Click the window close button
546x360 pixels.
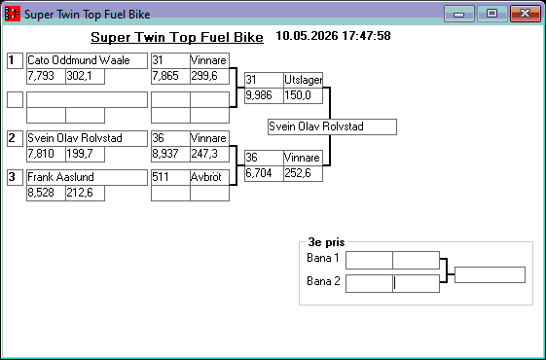tap(526, 14)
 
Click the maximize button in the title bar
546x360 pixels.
tap(491, 14)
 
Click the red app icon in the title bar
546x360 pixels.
tap(13, 14)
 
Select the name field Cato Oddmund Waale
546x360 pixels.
tap(87, 60)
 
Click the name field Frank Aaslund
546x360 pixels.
tap(87, 177)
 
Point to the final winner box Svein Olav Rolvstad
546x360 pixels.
tap(332, 126)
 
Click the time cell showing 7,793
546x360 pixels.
tap(46, 76)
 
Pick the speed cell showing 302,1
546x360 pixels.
tap(85, 76)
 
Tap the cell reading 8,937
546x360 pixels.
tap(170, 154)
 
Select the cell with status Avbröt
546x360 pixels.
tap(209, 177)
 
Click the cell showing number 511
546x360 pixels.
tap(170, 177)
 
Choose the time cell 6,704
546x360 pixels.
tap(264, 173)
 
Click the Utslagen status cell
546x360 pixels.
tap(303, 80)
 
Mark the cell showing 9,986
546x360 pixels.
tap(264, 95)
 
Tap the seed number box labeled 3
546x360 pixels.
tap(15, 177)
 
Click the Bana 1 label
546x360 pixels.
tap(323, 258)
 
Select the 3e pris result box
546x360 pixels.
tap(490, 275)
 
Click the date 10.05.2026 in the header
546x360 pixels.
tap(307, 36)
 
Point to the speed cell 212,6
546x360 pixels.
tap(85, 193)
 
